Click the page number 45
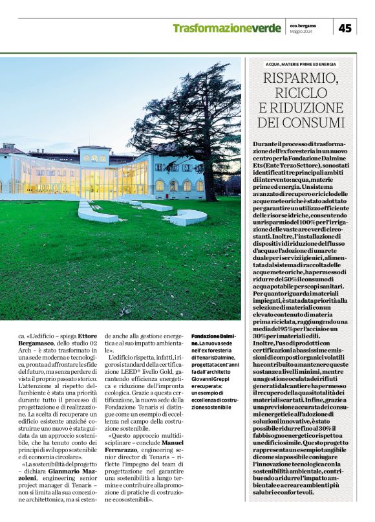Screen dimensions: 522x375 [x=345, y=28]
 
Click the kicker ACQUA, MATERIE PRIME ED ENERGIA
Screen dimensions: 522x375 [x=301, y=64]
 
